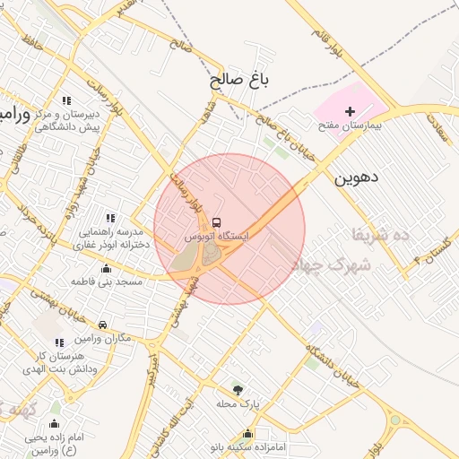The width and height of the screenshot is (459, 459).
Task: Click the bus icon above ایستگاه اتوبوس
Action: click(217, 222)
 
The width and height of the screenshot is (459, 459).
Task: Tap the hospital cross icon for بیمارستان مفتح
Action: click(350, 110)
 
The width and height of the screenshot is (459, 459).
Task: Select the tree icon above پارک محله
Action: click(238, 389)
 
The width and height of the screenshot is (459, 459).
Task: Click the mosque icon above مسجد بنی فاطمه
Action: click(108, 267)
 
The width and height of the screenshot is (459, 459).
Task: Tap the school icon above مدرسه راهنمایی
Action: click(111, 217)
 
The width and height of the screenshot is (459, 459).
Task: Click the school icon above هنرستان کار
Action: click(59, 342)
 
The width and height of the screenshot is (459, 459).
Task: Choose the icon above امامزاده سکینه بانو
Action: click(248, 433)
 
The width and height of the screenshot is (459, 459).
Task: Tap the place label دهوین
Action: click(357, 178)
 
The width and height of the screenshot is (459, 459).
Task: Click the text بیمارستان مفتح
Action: click(350, 126)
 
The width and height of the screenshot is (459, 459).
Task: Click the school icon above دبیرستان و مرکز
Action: click(66, 100)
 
